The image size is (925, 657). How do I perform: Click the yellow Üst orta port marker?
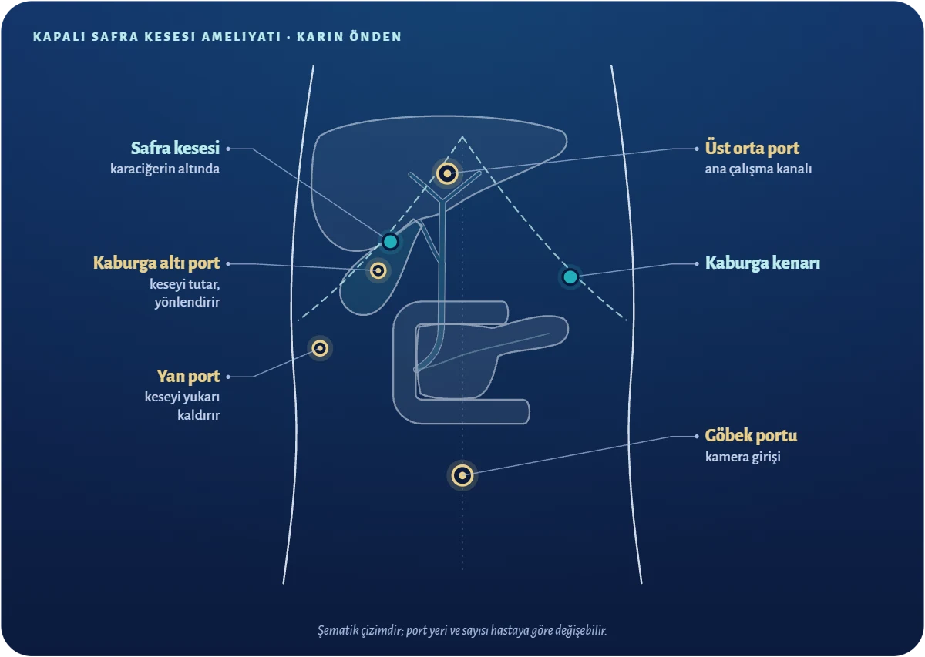[447, 173]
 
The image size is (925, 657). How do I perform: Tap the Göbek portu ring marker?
[462, 475]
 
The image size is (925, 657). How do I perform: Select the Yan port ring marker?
[320, 348]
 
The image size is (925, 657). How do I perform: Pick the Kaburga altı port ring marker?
[378, 270]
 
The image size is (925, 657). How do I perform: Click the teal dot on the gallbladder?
[390, 241]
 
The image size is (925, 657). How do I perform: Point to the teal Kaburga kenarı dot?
[570, 277]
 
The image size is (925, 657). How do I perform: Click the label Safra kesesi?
[175, 148]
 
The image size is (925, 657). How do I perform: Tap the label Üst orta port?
[752, 148]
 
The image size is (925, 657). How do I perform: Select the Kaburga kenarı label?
[762, 263]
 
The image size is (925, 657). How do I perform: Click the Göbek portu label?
[751, 435]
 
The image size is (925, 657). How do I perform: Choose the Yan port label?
[188, 377]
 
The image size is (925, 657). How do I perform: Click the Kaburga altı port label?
[156, 263]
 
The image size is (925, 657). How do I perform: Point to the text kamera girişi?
[742, 457]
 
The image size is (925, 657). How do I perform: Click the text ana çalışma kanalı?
[758, 169]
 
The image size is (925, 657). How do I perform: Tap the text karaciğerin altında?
[165, 169]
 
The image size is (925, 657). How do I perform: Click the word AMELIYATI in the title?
[241, 37]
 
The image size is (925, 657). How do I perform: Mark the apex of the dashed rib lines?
[462, 137]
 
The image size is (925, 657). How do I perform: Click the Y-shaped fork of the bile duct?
[442, 200]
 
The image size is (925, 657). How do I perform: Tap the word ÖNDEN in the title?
[375, 37]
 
